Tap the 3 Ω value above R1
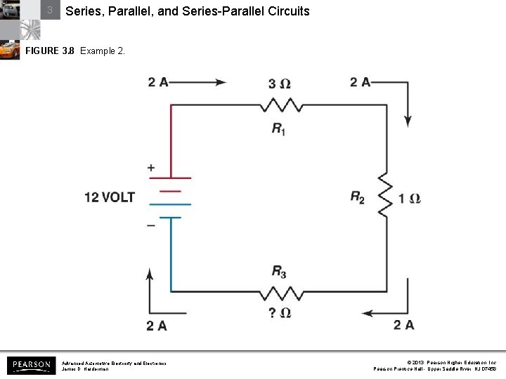click(280, 84)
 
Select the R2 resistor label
click(358, 197)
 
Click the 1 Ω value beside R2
click(410, 199)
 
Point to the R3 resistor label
click(279, 272)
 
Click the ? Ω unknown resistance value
click(280, 312)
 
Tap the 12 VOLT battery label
click(109, 197)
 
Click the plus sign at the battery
click(151, 168)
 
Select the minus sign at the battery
click(151, 225)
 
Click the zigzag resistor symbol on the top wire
click(283, 105)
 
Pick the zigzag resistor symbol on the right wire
click(385, 197)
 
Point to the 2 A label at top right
click(361, 82)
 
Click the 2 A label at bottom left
click(157, 325)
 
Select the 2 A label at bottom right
click(404, 324)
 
